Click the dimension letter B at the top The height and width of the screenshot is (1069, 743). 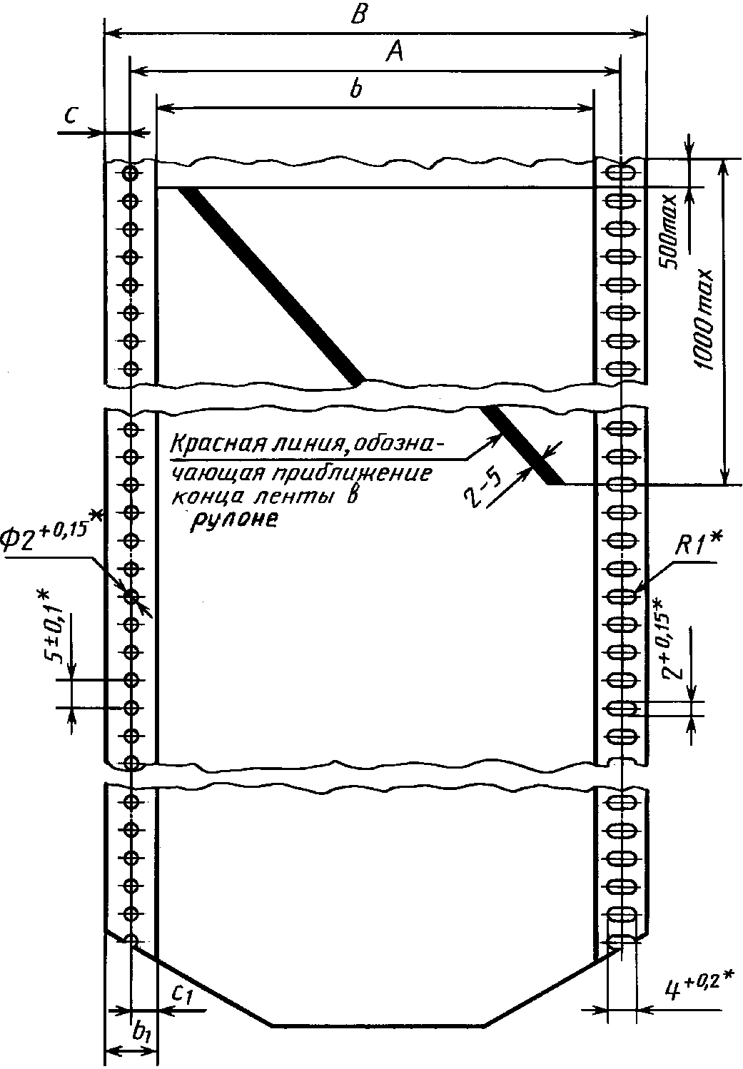point(361,16)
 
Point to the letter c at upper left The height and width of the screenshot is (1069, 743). point(69,117)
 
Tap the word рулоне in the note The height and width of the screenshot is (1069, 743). point(233,520)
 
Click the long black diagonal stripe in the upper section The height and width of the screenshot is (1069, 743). point(271,285)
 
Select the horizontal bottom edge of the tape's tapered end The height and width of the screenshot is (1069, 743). point(378,1026)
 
